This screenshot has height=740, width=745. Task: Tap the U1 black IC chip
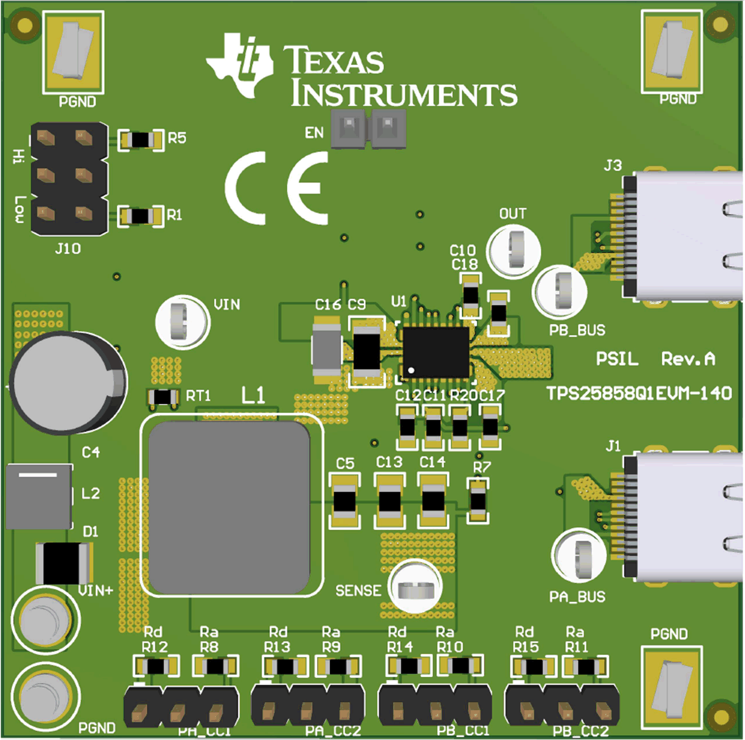coord(436,351)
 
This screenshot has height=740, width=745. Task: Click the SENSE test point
coord(416,588)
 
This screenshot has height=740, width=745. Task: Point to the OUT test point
coord(515,250)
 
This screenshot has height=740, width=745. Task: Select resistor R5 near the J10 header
coord(141,140)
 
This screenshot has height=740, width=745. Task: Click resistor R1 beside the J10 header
coord(141,216)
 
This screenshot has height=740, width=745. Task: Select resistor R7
coord(478,501)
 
